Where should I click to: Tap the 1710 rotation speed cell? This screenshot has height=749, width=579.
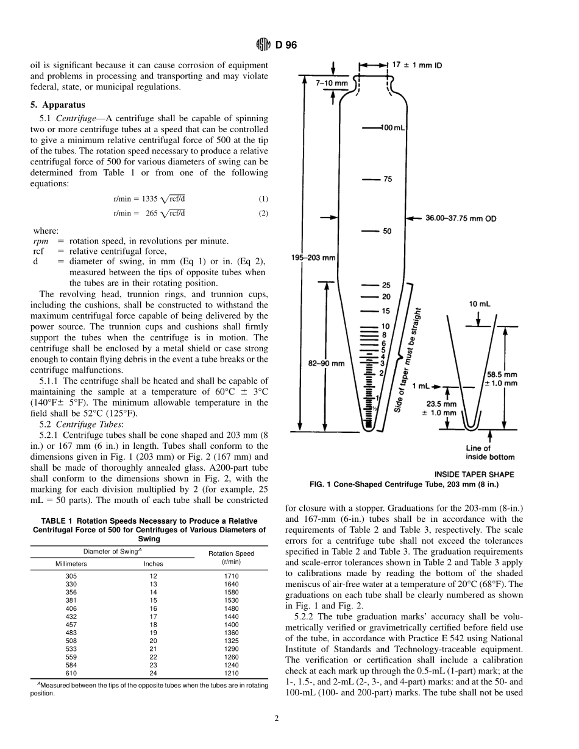point(232,575)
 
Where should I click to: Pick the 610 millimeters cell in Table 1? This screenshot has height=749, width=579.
point(71,674)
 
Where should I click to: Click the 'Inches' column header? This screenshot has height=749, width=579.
point(154,564)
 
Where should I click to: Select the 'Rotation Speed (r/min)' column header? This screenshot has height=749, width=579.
point(232,557)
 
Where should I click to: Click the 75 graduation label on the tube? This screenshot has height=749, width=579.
point(388,180)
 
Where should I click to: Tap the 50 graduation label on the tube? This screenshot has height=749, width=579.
point(387,231)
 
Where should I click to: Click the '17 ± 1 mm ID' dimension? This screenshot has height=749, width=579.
point(418,64)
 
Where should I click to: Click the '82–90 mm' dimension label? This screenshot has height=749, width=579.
point(325,364)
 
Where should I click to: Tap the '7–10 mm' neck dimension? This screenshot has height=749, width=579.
point(332,82)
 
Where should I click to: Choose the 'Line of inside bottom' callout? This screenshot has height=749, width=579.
point(489,453)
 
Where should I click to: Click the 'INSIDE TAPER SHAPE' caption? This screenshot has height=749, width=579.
point(474,474)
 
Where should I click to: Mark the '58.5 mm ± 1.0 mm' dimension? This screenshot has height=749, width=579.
point(501,378)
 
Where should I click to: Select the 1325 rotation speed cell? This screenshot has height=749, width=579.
point(232,641)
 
